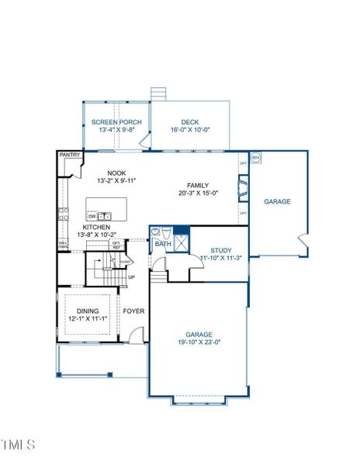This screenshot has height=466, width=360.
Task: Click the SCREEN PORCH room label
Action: click(x=116, y=123)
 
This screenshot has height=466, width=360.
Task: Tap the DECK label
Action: click(x=190, y=123)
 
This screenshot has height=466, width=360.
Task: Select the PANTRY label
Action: click(x=70, y=156)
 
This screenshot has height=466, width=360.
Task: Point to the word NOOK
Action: click(x=116, y=173)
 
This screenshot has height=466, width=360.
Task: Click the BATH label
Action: click(x=162, y=244)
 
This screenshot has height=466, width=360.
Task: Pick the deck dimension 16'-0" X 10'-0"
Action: click(x=190, y=130)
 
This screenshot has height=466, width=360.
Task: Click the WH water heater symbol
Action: click(x=255, y=158)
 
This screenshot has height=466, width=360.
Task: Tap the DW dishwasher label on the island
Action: click(x=92, y=216)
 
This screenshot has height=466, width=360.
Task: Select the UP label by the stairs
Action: click(x=131, y=277)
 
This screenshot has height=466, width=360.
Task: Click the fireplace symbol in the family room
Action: click(x=244, y=188)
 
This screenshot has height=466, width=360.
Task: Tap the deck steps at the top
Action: click(x=160, y=93)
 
